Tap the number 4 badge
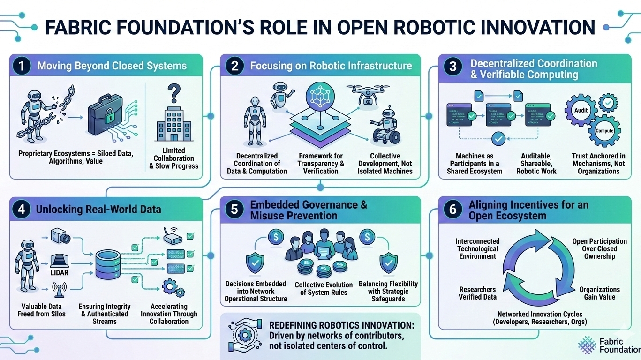click(21, 209)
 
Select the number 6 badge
click(452, 209)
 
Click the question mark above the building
click(173, 90)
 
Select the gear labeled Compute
click(604, 130)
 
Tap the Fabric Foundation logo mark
click(587, 344)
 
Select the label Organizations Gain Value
click(599, 293)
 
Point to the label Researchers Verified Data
click(477, 293)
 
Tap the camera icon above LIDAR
click(61, 235)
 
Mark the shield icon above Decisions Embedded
click(255, 263)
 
